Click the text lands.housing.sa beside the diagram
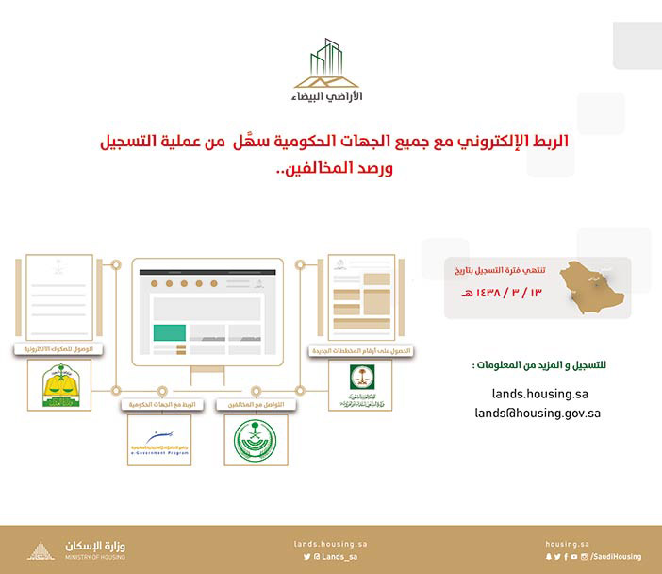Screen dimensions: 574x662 pyautogui.click(x=539, y=394)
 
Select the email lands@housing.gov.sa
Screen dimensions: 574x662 pyautogui.click(x=538, y=413)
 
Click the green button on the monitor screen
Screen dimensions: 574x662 pyautogui.click(x=170, y=333)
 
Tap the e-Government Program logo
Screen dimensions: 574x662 pyautogui.click(x=158, y=440)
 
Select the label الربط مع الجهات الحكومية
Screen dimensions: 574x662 pyautogui.click(x=159, y=404)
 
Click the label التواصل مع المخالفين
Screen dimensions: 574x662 pyautogui.click(x=256, y=404)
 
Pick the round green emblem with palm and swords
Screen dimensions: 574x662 pyautogui.click(x=256, y=440)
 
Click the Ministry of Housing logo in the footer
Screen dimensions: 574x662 pyautogui.click(x=80, y=550)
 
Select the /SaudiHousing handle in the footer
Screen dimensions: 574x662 pyautogui.click(x=617, y=557)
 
